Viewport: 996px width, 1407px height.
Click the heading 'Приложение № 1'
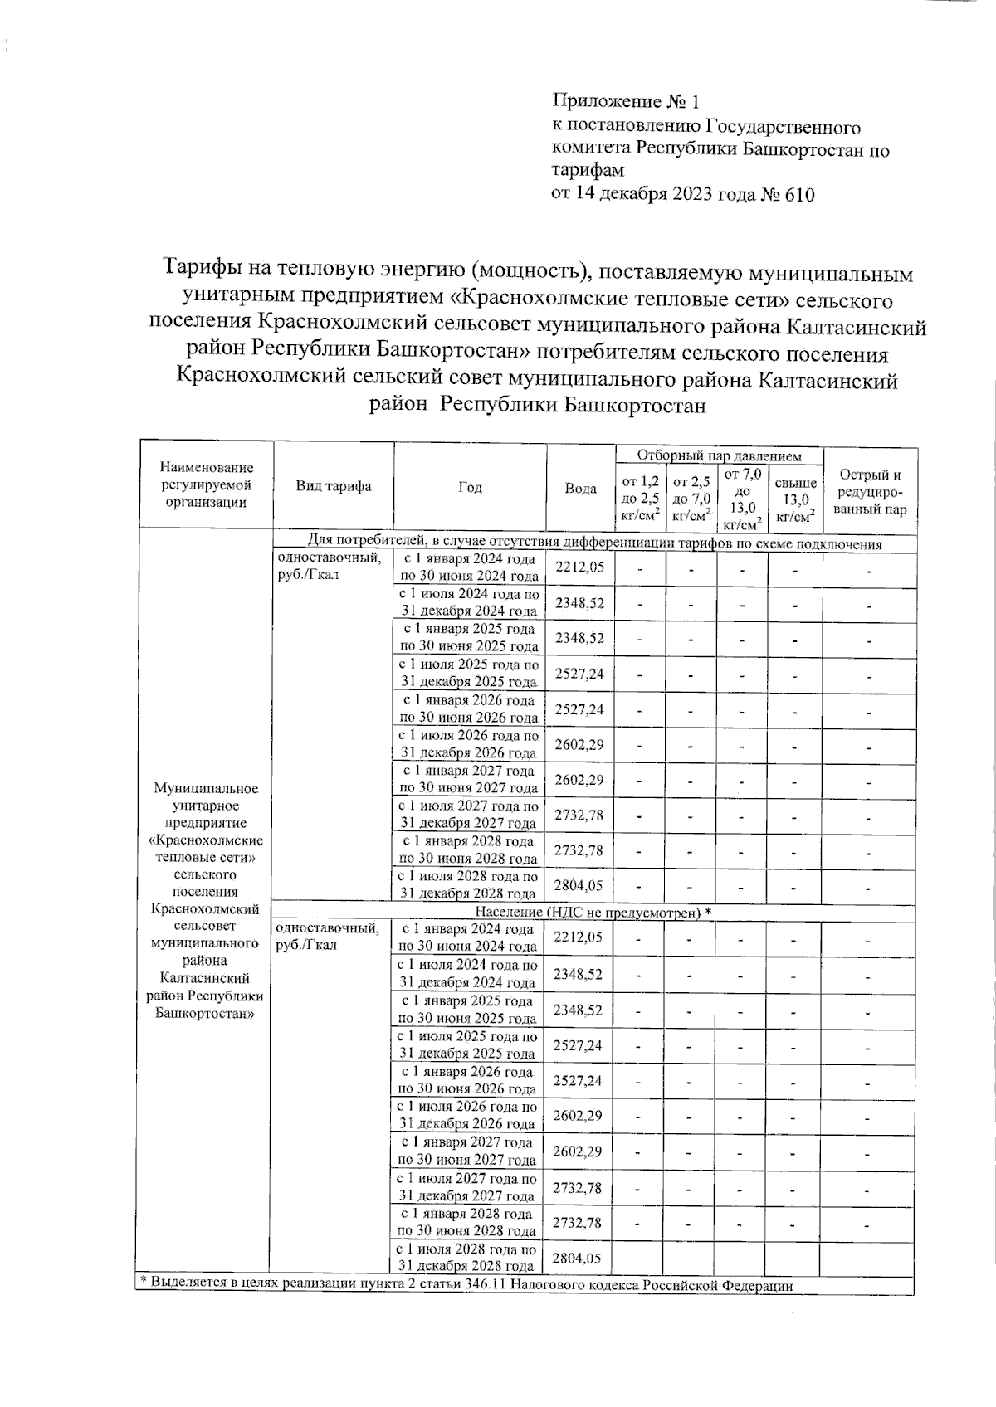626,102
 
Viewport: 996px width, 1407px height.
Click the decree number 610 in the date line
799,196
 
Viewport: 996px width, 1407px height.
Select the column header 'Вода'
580,489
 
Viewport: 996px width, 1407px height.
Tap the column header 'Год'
470,488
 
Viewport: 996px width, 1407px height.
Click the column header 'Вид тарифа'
334,487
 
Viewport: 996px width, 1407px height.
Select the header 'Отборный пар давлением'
719,456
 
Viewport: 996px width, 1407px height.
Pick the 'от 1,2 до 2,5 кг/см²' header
640,498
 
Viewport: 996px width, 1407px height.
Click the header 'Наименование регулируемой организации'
207,485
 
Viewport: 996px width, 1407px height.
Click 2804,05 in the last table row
577,1259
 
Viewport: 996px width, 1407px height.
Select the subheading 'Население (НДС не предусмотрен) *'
594,913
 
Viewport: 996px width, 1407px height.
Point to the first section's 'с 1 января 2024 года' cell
469,568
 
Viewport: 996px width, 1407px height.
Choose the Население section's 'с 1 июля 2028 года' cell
467,1258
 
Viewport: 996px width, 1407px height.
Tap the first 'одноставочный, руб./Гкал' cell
329,567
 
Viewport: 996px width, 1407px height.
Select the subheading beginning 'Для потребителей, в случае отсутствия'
594,544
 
